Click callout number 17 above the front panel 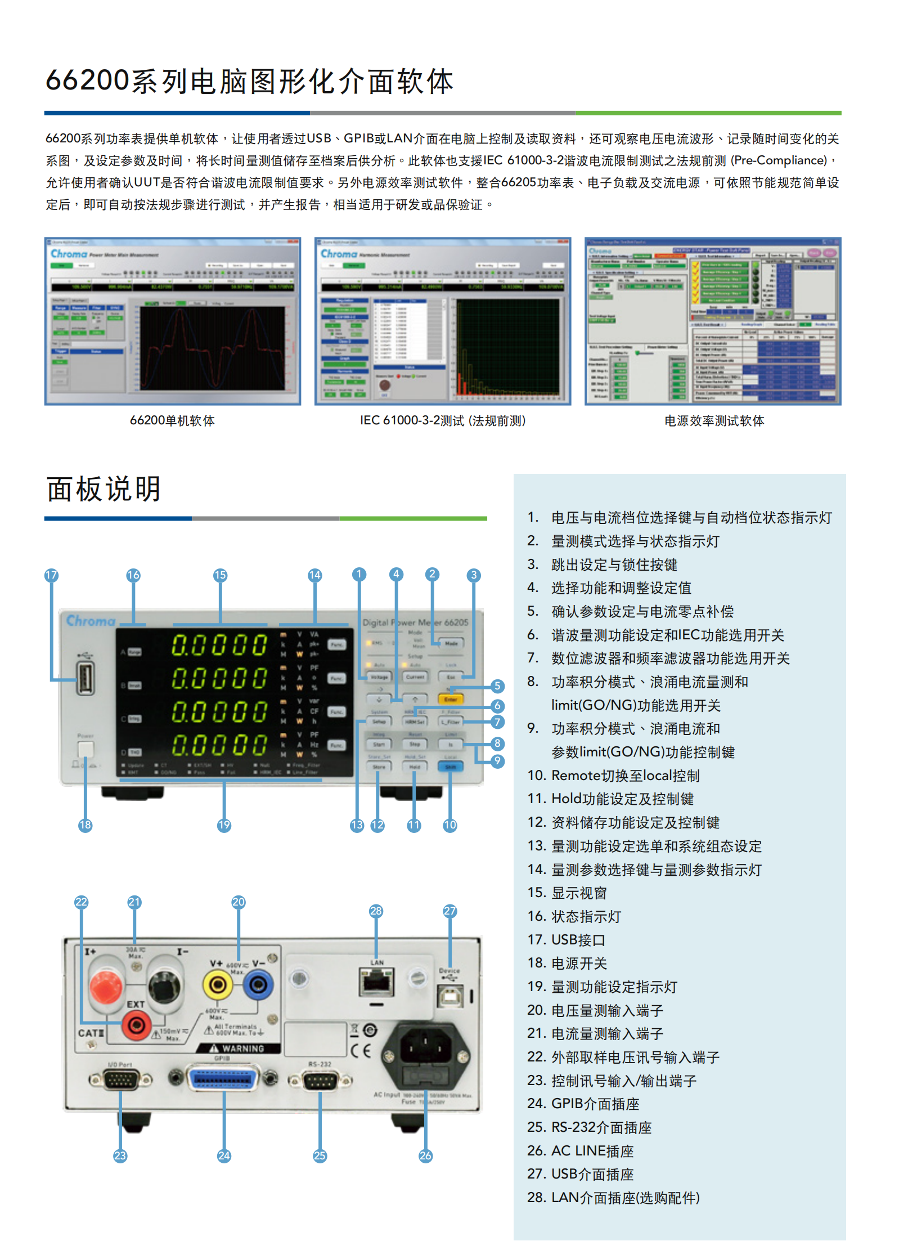click(51, 575)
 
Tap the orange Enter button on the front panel click(450, 699)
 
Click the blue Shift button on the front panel click(450, 767)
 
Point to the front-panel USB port click(86, 678)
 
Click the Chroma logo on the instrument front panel click(91, 621)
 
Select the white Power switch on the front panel click(86, 749)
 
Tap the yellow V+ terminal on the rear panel click(217, 984)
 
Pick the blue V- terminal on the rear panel click(258, 984)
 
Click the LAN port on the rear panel click(376, 983)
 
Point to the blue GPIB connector click(223, 1078)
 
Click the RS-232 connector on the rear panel click(320, 1080)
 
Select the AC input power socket click(425, 1056)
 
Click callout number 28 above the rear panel click(376, 911)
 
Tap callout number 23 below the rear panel click(120, 1156)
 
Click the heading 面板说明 click(104, 489)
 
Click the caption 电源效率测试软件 click(713, 420)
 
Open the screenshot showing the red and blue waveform click(173, 321)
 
